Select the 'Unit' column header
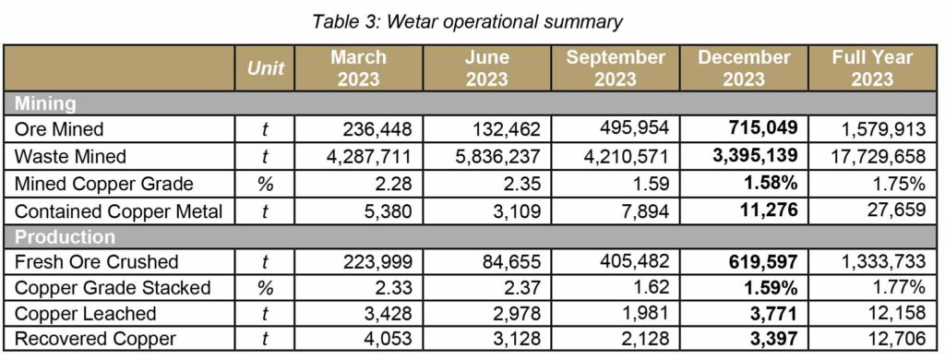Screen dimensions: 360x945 (x=266, y=68)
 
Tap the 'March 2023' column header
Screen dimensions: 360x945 (x=358, y=67)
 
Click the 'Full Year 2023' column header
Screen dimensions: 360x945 (x=872, y=67)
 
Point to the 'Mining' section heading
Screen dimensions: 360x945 (x=44, y=103)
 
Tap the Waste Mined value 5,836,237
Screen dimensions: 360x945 (x=495, y=155)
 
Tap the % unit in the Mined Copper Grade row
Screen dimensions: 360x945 (x=266, y=183)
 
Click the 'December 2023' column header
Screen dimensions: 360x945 (x=744, y=67)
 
